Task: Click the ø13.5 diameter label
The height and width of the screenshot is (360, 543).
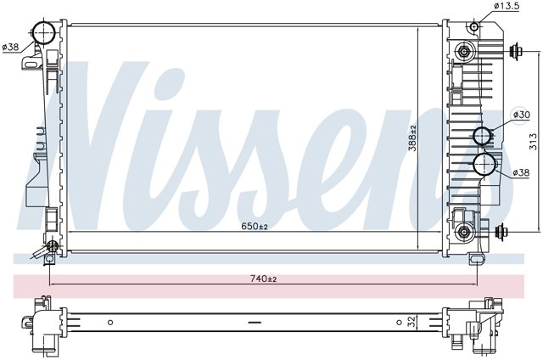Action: tap(506, 6)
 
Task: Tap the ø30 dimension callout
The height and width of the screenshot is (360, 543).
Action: tap(521, 115)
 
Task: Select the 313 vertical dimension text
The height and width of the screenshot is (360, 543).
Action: tap(534, 142)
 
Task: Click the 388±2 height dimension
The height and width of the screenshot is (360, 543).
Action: tap(412, 138)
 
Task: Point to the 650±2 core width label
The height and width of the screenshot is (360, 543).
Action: tap(255, 226)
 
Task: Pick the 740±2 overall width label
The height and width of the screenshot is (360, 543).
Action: tap(263, 278)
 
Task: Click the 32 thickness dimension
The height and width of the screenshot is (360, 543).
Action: tap(411, 323)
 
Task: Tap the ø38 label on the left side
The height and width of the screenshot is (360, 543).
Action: tap(10, 47)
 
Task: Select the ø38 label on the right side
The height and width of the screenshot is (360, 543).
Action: tap(521, 172)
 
